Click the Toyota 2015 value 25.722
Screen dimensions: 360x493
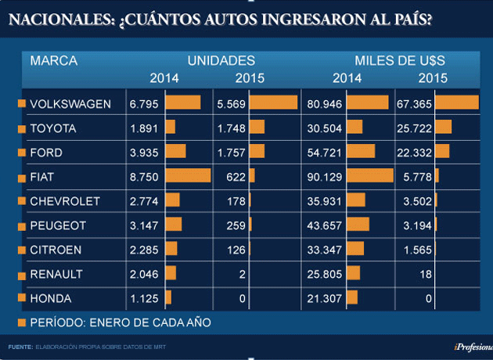[416, 128]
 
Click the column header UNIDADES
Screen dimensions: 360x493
[221, 60]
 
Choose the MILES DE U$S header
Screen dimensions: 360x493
[400, 60]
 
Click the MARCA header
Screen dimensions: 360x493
[49, 60]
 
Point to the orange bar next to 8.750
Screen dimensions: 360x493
[188, 176]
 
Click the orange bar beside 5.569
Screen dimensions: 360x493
[273, 103]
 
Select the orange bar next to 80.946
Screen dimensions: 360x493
[368, 103]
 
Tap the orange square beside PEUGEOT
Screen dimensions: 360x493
[20, 225]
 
